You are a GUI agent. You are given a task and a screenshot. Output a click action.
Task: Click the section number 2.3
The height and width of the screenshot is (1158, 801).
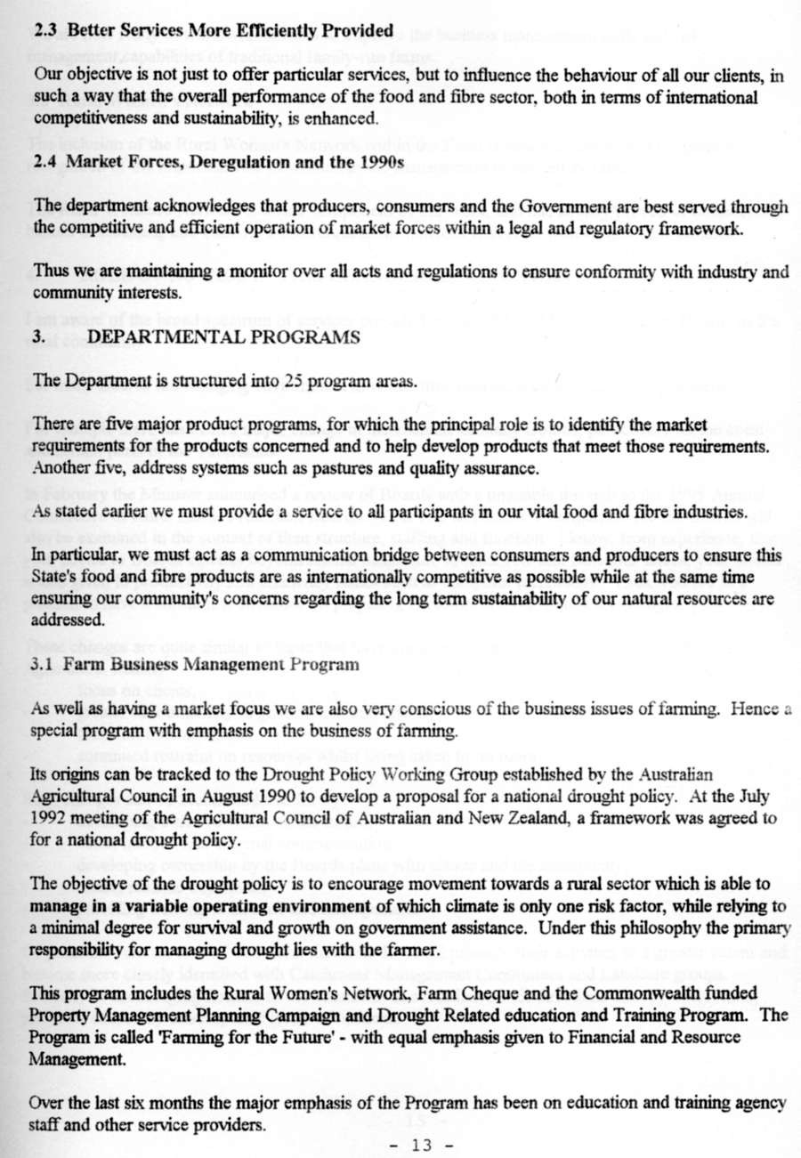pyautogui.click(x=47, y=30)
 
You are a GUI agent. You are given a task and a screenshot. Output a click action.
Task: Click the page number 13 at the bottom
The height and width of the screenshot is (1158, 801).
pyautogui.click(x=421, y=1145)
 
